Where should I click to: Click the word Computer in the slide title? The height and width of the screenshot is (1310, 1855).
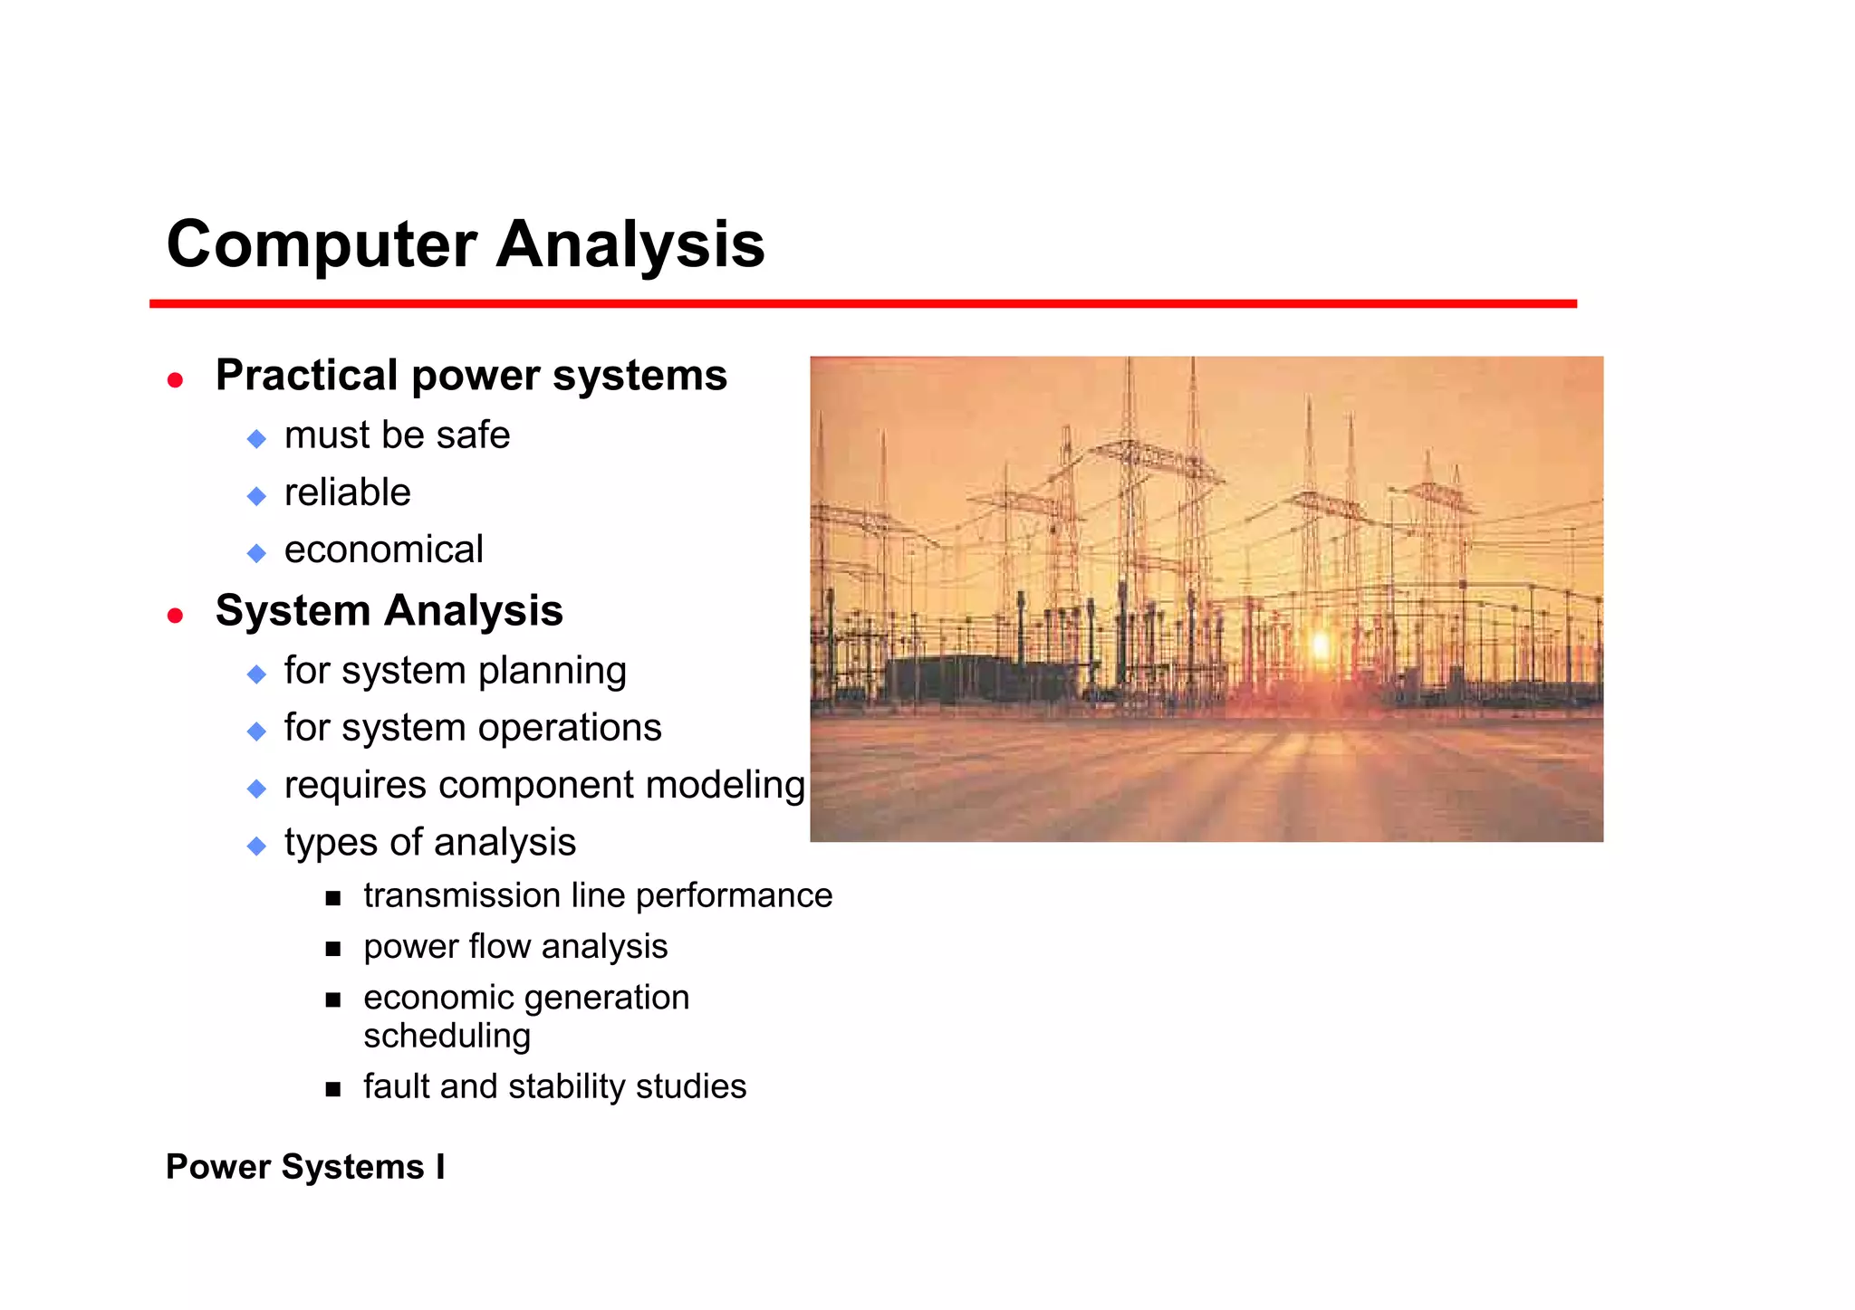point(322,244)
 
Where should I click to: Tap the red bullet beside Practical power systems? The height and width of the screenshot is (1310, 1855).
point(176,380)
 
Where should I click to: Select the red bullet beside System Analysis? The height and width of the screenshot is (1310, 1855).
point(176,616)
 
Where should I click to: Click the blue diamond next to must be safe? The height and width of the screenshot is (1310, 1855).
point(257,439)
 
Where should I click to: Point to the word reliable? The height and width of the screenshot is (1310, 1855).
point(347,492)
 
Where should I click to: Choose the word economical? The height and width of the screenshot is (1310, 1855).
point(383,550)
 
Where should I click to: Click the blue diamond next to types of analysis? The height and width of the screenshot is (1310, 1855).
point(257,846)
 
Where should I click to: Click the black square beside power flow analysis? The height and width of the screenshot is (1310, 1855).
point(333,949)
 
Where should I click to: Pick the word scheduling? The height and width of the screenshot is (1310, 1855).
point(447,1036)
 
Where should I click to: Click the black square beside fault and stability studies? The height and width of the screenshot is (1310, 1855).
point(333,1089)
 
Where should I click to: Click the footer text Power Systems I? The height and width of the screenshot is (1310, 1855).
point(305,1167)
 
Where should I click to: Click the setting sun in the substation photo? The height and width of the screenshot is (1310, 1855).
point(1321,645)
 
